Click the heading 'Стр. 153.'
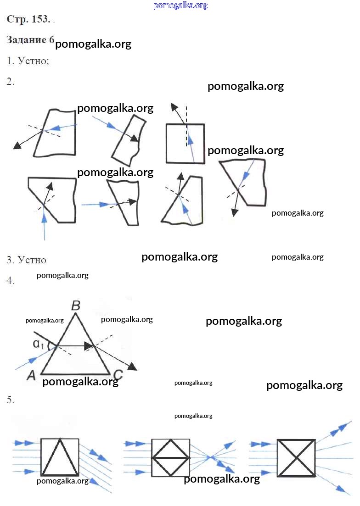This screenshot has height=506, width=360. point(28,19)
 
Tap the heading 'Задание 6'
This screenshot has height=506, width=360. point(30,40)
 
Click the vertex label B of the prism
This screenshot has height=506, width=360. point(76,305)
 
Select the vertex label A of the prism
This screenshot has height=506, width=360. point(31,375)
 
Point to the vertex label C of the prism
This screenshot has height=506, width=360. point(118,375)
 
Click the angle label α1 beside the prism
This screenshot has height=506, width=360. point(39,344)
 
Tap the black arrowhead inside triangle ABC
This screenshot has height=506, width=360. point(89,346)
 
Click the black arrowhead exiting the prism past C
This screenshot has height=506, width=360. point(132,367)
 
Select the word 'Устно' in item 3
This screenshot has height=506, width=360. point(32,260)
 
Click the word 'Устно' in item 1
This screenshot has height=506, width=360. point(33,61)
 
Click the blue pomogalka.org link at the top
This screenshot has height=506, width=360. point(180,5)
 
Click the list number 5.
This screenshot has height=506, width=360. point(11,400)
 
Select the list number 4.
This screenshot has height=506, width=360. point(11,280)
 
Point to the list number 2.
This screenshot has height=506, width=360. point(11,81)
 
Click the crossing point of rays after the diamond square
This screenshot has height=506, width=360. point(210,457)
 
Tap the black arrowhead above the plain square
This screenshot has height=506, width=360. point(174,107)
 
